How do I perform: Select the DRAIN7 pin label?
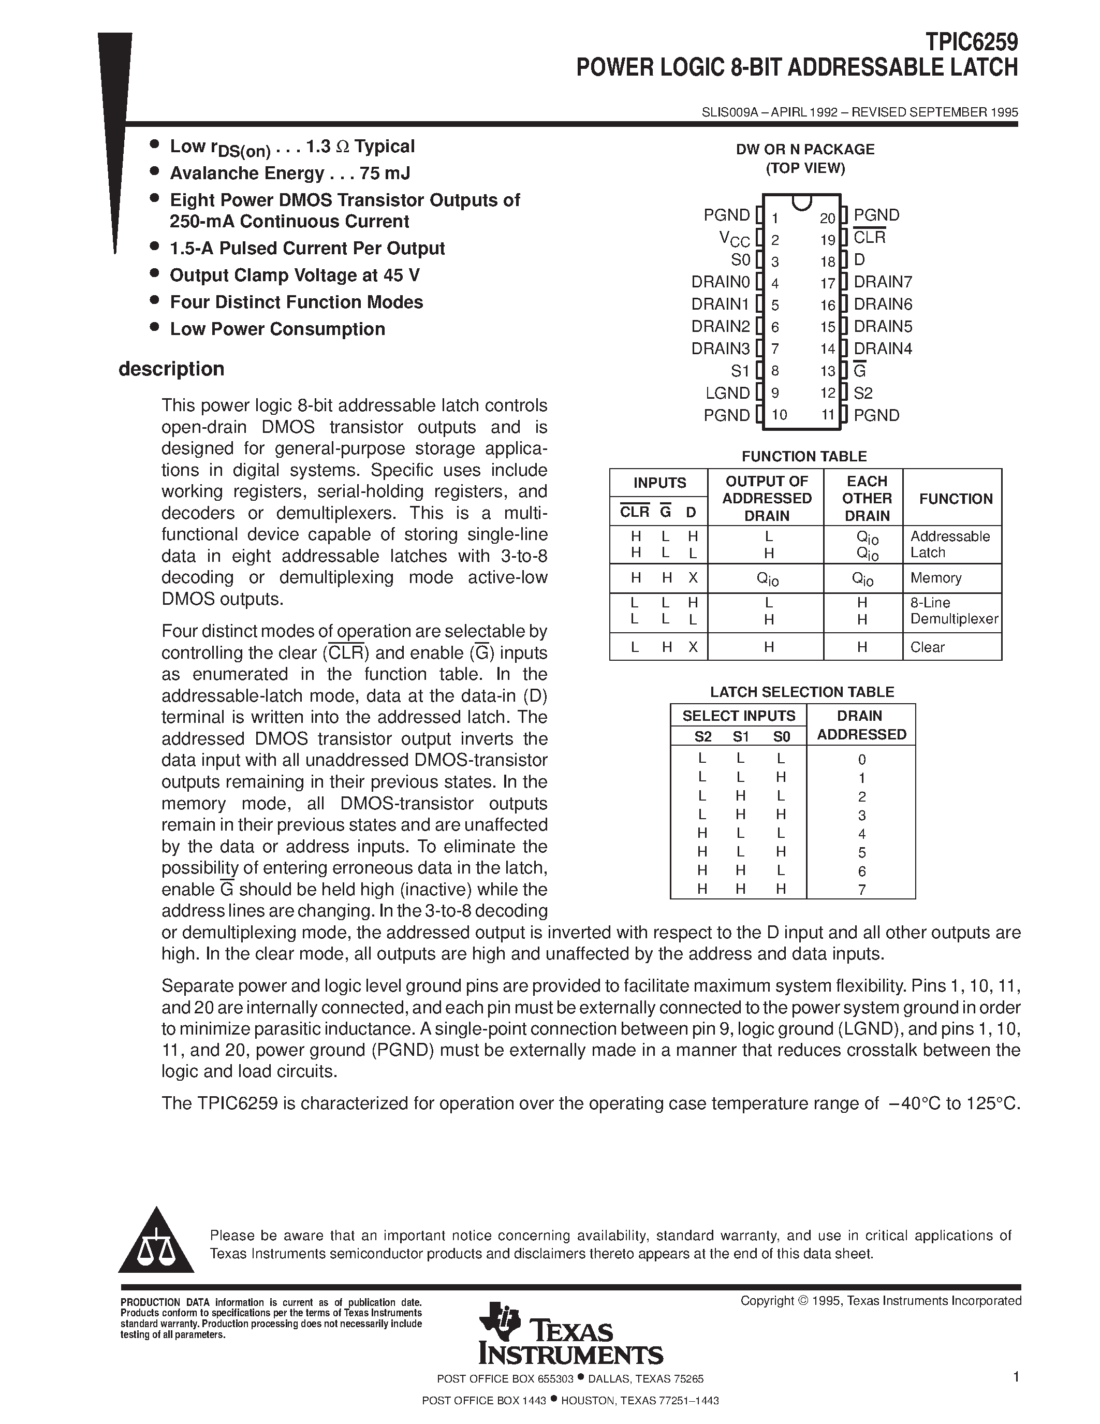(x=883, y=282)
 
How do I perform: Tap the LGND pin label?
(x=727, y=393)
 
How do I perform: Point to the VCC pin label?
(x=735, y=239)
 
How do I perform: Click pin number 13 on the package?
(x=827, y=371)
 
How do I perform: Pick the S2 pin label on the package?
(x=863, y=393)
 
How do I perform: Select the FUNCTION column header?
(x=956, y=499)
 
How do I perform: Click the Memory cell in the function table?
(x=936, y=578)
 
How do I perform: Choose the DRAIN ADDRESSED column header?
(x=861, y=725)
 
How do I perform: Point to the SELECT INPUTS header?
(x=738, y=716)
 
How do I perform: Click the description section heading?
(x=171, y=369)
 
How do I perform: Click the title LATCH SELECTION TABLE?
(x=801, y=692)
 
